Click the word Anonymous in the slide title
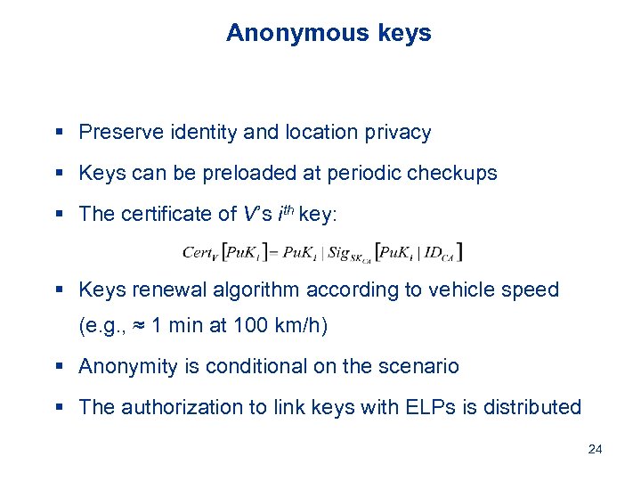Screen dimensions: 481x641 tap(283, 33)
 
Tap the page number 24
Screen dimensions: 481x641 tap(596, 449)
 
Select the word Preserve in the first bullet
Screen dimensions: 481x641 tap(118, 133)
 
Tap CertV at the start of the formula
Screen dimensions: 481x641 tap(201, 253)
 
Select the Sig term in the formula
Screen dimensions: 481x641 tap(343, 254)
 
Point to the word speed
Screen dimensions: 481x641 tap(531, 289)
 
